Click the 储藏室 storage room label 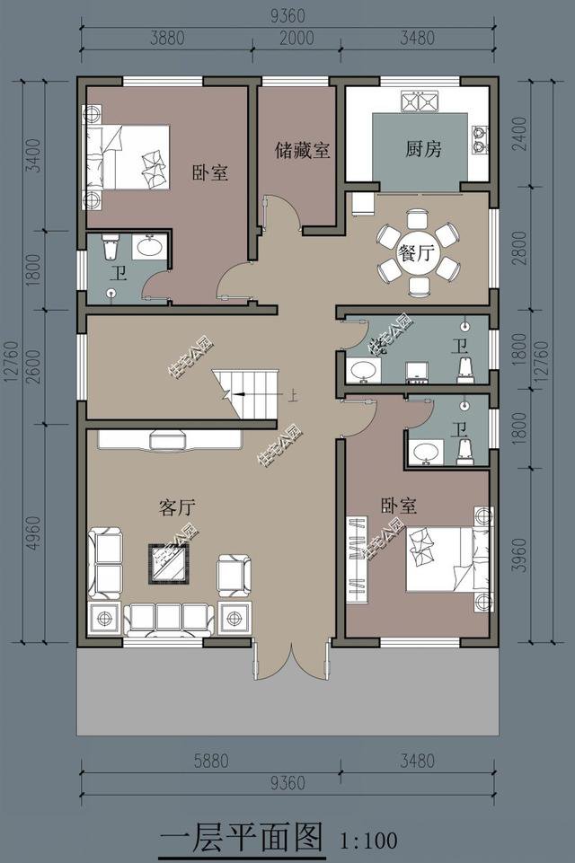point(303,150)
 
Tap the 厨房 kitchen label point(423,149)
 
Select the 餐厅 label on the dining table point(417,253)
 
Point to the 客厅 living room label point(176,507)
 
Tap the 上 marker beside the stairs point(292,393)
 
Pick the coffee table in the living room point(168,563)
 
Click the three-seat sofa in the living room point(169,618)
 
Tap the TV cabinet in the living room point(169,439)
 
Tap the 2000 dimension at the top point(296,38)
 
